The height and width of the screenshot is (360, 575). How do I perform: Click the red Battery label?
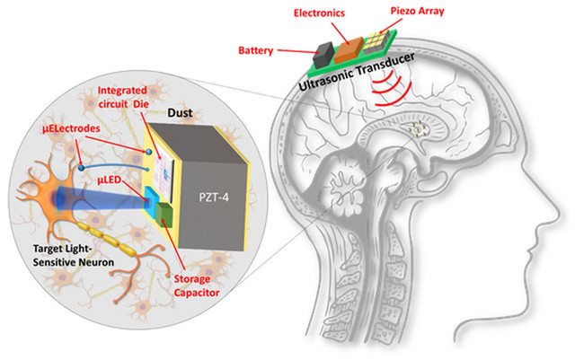click(255, 50)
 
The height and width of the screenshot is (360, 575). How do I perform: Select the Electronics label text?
click(319, 13)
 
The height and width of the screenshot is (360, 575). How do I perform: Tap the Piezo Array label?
click(417, 11)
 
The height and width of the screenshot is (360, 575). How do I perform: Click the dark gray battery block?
click(323, 55)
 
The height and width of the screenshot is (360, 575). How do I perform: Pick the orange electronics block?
click(349, 48)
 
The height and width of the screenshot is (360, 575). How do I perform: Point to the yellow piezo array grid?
click(376, 42)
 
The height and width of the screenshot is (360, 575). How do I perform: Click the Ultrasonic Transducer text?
click(357, 71)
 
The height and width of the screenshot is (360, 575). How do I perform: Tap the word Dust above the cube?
click(180, 112)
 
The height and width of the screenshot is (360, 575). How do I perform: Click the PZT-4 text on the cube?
click(214, 198)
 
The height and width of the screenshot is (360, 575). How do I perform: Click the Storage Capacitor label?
click(196, 285)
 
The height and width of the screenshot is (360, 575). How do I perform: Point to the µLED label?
click(110, 180)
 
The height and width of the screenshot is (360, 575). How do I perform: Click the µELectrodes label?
click(71, 128)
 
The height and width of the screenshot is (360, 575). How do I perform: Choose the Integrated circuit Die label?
click(123, 97)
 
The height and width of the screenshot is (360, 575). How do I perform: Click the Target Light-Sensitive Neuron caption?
click(74, 256)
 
